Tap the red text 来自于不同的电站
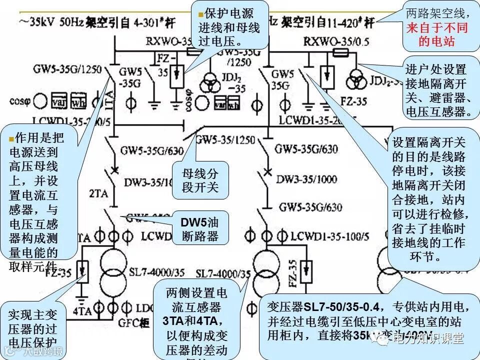click(436, 34)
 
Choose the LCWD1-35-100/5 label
click(329, 235)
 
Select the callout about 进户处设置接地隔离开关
click(438, 90)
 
